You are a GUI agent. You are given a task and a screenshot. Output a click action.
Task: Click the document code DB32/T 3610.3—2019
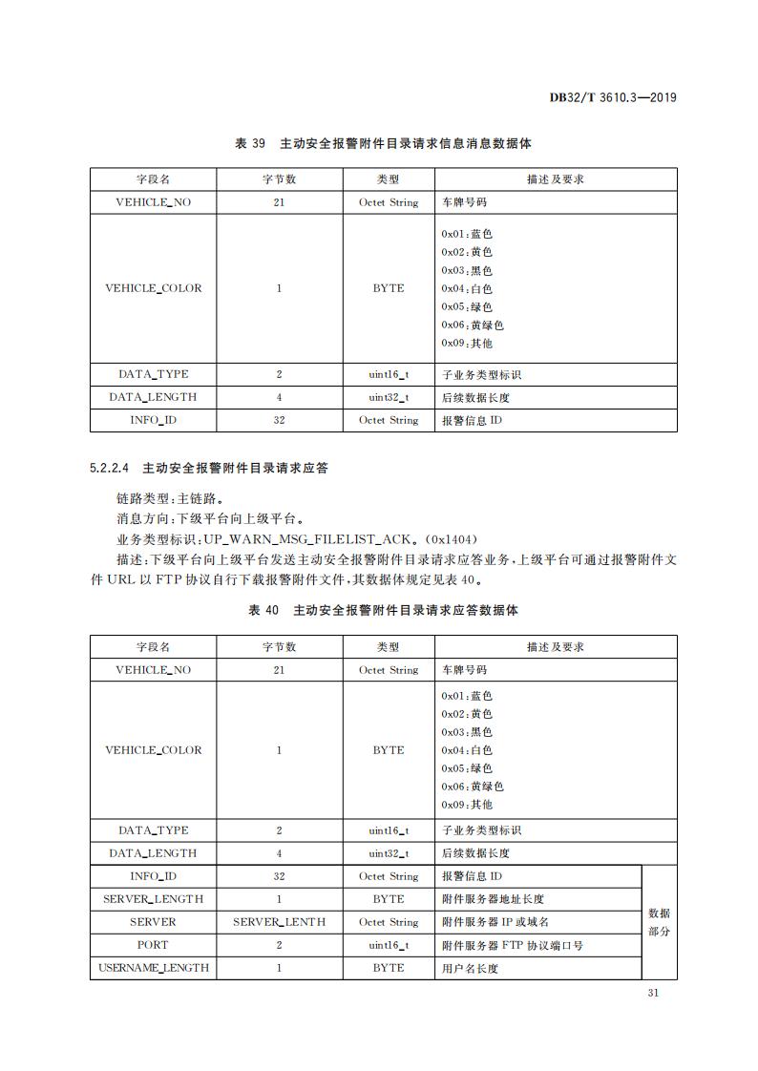pyautogui.click(x=614, y=97)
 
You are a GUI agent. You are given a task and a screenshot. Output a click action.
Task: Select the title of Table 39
pyautogui.click(x=383, y=144)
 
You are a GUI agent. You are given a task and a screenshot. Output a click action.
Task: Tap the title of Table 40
pyautogui.click(x=383, y=610)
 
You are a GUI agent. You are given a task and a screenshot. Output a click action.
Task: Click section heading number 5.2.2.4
pyautogui.click(x=110, y=469)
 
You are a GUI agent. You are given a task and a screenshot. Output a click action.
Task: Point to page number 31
pyautogui.click(x=654, y=993)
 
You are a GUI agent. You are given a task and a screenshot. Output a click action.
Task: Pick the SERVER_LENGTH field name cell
pyautogui.click(x=153, y=899)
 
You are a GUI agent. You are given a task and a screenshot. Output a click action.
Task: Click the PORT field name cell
pyautogui.click(x=153, y=945)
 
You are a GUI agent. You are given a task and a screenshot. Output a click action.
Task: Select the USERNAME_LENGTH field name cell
pyautogui.click(x=153, y=968)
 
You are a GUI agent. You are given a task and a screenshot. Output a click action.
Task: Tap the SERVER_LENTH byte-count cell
pyautogui.click(x=279, y=922)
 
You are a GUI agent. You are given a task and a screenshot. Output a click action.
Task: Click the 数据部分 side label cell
pyautogui.click(x=659, y=922)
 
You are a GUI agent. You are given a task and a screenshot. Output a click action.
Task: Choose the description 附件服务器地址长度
pyautogui.click(x=493, y=899)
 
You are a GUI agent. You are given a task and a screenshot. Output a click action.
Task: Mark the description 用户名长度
pyautogui.click(x=470, y=968)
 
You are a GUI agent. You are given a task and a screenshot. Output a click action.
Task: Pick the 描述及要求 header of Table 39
pyautogui.click(x=555, y=179)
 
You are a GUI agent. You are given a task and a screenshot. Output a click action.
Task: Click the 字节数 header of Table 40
pyautogui.click(x=279, y=646)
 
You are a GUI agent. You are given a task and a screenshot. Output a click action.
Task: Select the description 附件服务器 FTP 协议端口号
pyautogui.click(x=513, y=945)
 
